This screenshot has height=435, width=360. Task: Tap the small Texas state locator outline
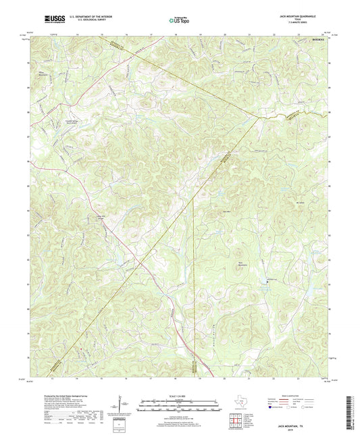(238, 405)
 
